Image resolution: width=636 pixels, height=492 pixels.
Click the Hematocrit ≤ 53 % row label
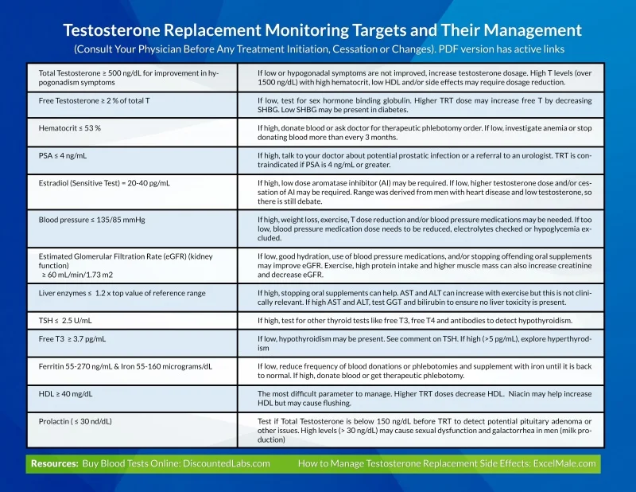[70, 127]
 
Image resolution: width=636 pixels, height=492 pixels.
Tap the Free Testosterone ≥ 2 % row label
[94, 101]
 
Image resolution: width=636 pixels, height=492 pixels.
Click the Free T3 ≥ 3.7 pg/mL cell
[72, 338]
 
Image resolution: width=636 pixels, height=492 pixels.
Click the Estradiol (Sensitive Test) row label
[104, 182]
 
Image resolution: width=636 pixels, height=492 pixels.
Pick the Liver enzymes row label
[122, 293]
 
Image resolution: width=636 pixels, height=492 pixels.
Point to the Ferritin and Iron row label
[125, 366]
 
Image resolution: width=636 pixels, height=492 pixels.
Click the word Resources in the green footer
[54, 463]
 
